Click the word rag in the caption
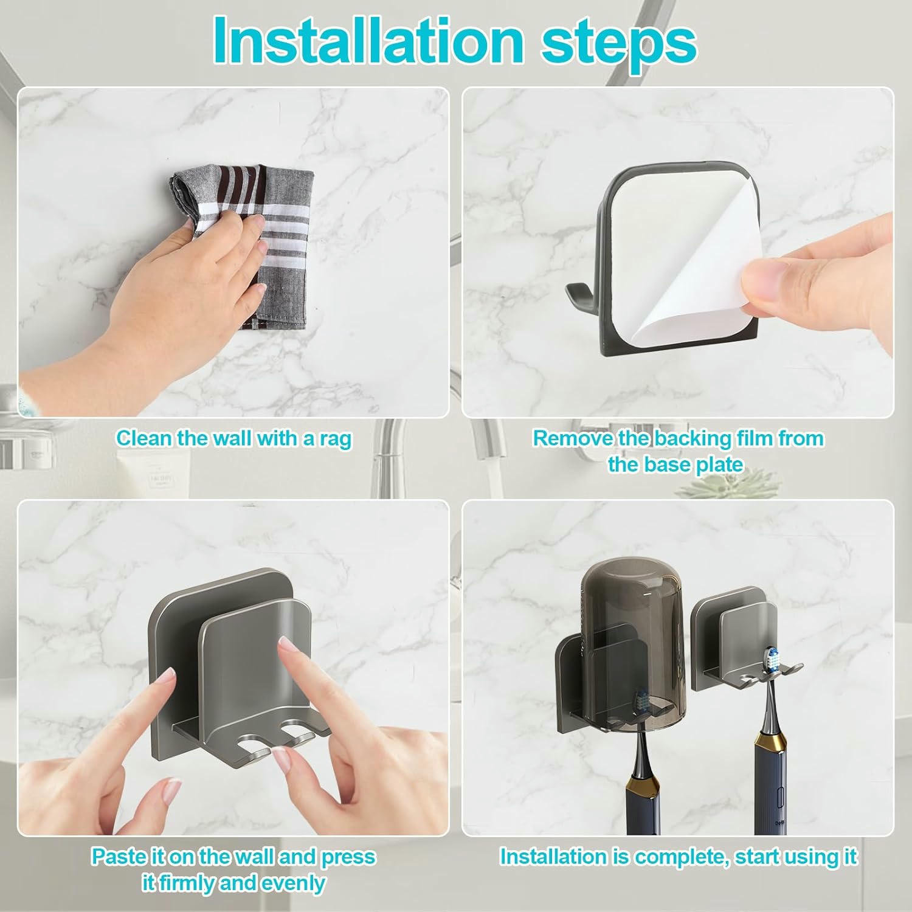pos(336,440)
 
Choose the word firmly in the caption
pos(187,883)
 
